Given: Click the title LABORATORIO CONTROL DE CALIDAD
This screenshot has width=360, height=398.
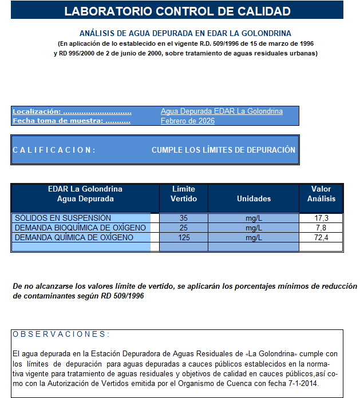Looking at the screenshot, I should [177, 11].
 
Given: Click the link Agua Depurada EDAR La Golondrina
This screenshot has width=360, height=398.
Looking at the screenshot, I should [221, 112].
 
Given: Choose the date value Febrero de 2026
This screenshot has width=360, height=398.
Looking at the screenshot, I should [188, 121].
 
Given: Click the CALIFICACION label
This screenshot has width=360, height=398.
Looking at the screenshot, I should [54, 150].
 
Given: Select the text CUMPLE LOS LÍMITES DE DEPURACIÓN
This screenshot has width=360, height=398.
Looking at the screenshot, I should [223, 150].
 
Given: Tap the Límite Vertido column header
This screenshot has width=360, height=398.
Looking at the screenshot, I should [184, 194].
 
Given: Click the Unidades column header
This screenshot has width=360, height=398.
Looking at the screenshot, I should [254, 198].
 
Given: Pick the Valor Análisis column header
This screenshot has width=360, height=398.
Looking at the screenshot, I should [321, 194].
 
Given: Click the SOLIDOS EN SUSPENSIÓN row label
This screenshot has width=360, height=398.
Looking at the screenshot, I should [63, 218].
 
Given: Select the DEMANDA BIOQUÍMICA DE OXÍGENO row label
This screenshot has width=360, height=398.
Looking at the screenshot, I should [80, 228].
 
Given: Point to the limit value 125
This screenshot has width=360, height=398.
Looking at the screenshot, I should [184, 238].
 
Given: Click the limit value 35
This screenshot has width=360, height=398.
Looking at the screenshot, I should [184, 218].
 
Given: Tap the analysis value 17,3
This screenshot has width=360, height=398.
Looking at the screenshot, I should [322, 218].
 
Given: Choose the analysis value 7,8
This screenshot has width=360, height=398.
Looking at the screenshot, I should [322, 228].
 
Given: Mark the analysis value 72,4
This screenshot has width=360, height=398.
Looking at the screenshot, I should [322, 238].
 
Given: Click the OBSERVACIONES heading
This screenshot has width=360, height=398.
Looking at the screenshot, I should [61, 335].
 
